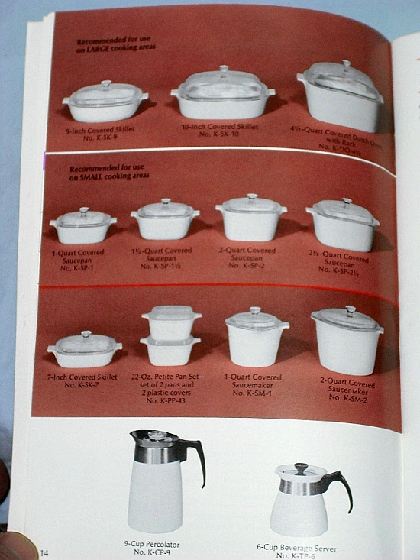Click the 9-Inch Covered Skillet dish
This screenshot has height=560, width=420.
coord(105,104)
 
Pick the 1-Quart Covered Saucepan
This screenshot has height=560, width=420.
coord(82,227)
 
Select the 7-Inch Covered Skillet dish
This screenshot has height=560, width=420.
coord(84,351)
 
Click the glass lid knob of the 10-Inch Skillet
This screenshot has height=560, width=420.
coord(224,70)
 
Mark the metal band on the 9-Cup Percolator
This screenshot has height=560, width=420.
coord(158,452)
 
